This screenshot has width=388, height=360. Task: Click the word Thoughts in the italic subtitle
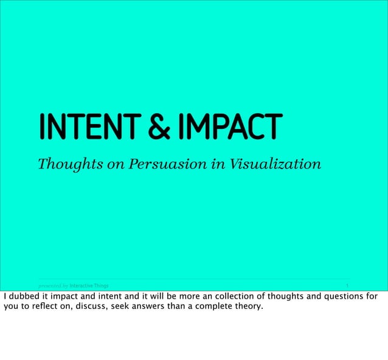click(x=64, y=164)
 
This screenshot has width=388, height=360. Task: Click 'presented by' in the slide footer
click(x=53, y=285)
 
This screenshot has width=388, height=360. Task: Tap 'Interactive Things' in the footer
click(x=89, y=285)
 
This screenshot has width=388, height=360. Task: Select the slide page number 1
click(x=347, y=285)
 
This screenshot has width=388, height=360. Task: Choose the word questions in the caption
click(x=344, y=297)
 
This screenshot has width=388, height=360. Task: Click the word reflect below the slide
click(x=44, y=306)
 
